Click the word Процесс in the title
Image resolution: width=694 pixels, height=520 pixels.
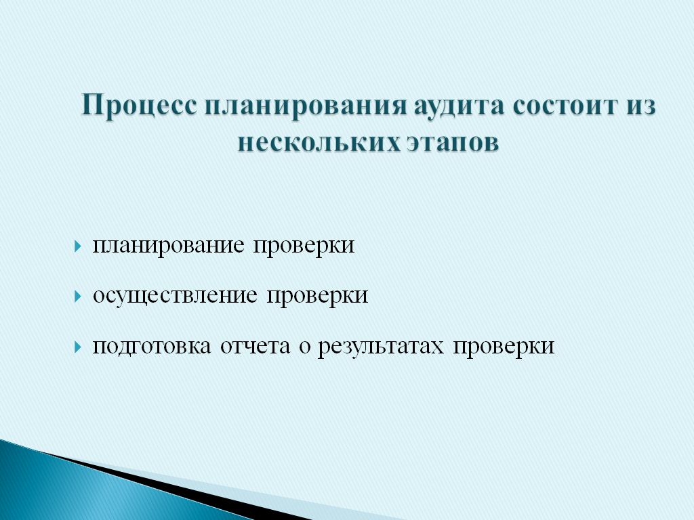point(140,106)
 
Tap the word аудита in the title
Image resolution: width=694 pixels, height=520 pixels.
point(460,106)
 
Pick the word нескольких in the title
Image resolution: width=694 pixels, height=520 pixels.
point(318,143)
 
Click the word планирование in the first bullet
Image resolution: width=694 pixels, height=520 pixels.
point(168,246)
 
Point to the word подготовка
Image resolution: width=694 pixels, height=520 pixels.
point(152,346)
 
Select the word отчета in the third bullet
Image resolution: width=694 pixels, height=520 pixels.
point(255,346)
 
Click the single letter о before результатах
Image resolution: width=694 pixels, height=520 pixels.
point(304,347)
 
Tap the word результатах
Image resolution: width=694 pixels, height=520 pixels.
point(381,346)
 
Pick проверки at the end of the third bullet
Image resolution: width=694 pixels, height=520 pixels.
point(504,346)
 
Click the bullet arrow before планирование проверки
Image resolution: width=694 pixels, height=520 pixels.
point(79,246)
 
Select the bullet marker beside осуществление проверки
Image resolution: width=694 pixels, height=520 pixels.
point(79,296)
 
